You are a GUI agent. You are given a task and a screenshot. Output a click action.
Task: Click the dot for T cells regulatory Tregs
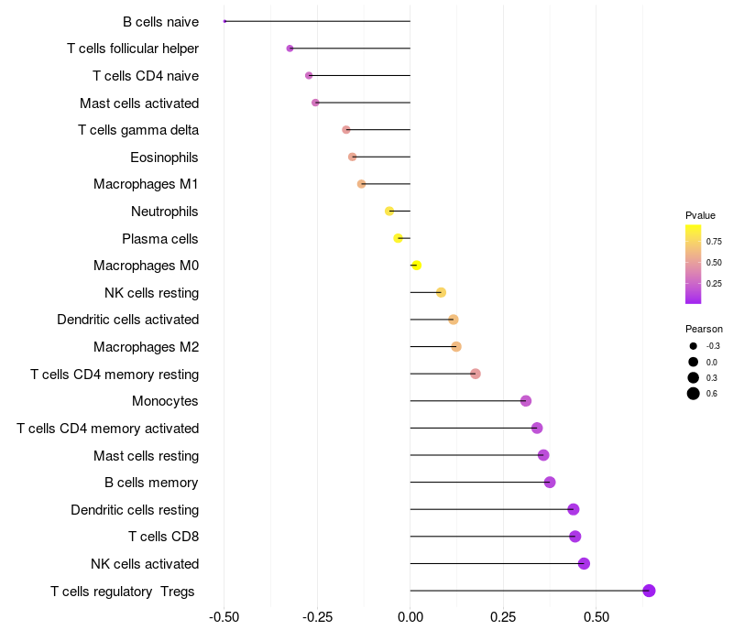click(x=649, y=591)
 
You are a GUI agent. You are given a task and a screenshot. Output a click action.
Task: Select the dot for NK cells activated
click(x=584, y=563)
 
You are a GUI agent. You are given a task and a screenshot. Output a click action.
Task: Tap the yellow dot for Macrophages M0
click(x=416, y=266)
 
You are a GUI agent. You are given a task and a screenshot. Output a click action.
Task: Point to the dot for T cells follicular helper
click(x=290, y=49)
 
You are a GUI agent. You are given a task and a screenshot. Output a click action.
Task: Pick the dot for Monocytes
click(x=526, y=401)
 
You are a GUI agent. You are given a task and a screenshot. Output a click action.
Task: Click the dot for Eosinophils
click(x=353, y=157)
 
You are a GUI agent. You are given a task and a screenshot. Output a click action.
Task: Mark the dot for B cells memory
click(x=550, y=483)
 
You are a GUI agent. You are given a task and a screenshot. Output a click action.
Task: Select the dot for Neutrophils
click(x=389, y=212)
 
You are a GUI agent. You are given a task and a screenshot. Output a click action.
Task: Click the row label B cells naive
click(x=160, y=21)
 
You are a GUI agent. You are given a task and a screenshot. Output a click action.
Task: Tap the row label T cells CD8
click(x=163, y=537)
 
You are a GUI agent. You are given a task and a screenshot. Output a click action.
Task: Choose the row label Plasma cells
click(x=159, y=239)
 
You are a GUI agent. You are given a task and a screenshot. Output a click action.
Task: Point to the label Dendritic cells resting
click(x=135, y=510)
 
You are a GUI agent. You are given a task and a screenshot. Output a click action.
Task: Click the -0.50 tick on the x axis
click(x=224, y=616)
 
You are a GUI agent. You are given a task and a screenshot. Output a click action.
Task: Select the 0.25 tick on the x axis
click(x=503, y=616)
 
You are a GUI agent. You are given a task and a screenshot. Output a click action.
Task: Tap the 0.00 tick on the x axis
click(x=410, y=616)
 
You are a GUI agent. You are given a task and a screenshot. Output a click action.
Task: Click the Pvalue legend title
click(x=700, y=215)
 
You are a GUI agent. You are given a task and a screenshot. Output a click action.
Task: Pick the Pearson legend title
click(x=704, y=329)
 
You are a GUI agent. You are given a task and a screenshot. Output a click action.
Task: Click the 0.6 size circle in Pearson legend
click(x=694, y=394)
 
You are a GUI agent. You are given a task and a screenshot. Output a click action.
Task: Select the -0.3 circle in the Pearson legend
click(x=694, y=346)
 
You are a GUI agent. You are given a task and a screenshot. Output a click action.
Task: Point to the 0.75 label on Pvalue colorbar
click(x=713, y=242)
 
